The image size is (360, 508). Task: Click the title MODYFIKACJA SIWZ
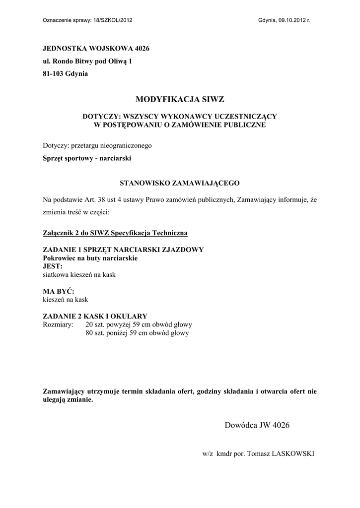pos(180,99)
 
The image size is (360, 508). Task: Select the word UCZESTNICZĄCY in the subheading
pos(245,116)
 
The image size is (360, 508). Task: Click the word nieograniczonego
pos(125,146)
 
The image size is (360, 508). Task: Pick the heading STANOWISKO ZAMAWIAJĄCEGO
pos(180,182)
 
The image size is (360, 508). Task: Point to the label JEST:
pos(53,266)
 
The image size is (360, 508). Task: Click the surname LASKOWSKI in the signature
pos(294,453)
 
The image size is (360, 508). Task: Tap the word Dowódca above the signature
pos(241,425)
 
